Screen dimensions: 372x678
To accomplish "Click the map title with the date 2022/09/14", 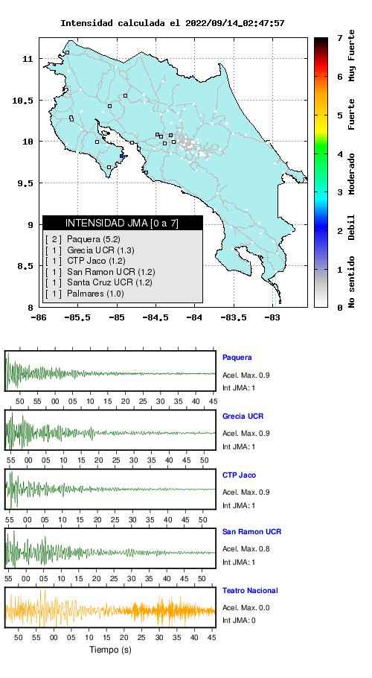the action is (172, 23).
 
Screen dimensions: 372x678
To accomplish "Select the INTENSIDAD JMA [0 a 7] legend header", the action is (123, 223).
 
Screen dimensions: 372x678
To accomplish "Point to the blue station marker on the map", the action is (122, 156).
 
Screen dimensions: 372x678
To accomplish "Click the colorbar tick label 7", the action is (341, 38).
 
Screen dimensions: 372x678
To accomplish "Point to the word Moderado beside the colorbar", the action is (353, 174).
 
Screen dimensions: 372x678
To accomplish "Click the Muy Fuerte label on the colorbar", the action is (353, 55).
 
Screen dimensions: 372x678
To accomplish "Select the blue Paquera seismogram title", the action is (237, 358).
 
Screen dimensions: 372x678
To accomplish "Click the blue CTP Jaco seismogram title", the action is (239, 475).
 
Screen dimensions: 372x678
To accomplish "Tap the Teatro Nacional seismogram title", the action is (250, 591).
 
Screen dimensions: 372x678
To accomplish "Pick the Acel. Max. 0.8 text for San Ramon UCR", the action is (246, 549).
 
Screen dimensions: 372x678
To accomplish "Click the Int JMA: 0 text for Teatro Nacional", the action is (239, 621).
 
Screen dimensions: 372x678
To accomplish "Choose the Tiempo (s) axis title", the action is (110, 650).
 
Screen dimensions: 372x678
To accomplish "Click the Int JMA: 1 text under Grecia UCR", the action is (239, 447).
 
